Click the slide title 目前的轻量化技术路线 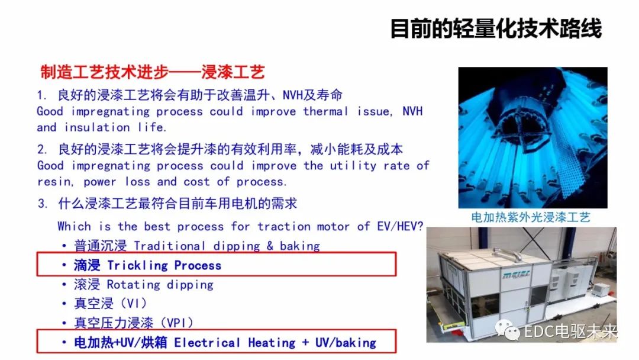point(496,28)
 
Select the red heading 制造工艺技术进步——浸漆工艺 point(152,73)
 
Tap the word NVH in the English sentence point(412,111)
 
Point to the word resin point(54,181)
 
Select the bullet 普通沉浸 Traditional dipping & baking point(196,246)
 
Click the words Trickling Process point(164,265)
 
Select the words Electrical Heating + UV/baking point(275,342)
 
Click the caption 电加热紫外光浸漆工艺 point(531,217)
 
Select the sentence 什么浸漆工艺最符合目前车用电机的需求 point(177,204)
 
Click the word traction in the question point(279,226)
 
